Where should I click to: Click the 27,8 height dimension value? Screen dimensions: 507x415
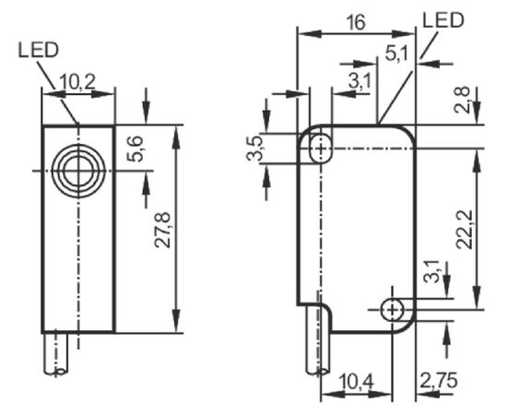coord(162,230)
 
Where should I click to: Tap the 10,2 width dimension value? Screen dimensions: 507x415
coord(77,82)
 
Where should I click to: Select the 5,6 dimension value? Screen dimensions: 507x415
coord(135,148)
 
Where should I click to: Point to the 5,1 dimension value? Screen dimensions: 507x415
coord(396,53)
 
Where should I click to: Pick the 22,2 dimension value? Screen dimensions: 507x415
coord(464,230)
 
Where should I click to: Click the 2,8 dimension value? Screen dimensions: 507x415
coord(462,100)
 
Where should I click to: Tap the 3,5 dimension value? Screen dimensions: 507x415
coord(254,148)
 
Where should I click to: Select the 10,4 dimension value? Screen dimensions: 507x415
coord(357,381)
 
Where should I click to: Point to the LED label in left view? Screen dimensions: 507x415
coord(39,51)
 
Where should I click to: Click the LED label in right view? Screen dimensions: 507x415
coord(443,19)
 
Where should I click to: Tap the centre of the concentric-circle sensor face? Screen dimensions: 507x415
coord(78,172)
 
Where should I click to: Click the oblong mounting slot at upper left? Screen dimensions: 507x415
coord(321,149)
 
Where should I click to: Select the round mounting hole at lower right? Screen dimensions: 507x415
coord(392,311)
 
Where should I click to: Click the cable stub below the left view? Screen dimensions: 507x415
coord(56,354)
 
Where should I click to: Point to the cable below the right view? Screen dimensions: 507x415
coord(319,339)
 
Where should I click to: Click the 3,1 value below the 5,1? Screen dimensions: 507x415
coord(360,81)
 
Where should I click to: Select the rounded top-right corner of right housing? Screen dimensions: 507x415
coord(408,131)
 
